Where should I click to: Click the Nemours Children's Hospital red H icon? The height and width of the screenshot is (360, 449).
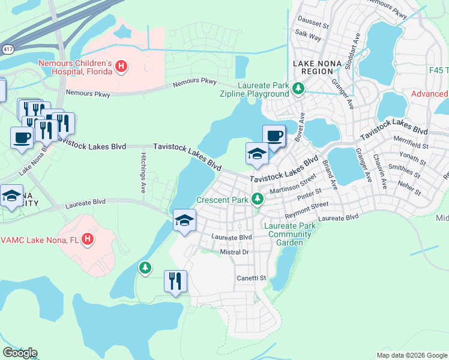pyautogui.click(x=121, y=65)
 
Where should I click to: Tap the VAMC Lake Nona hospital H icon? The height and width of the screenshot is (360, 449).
pyautogui.click(x=88, y=239)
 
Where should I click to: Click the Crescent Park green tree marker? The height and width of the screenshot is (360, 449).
pyautogui.click(x=258, y=198)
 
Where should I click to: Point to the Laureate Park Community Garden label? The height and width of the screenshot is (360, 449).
pyautogui.click(x=289, y=235)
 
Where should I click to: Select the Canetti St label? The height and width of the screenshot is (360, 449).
pyautogui.click(x=251, y=278)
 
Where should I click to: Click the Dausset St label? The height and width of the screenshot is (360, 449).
pyautogui.click(x=313, y=26)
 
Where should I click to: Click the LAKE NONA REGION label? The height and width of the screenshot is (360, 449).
pyautogui.click(x=313, y=67)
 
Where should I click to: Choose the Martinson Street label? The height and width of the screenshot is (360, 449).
pyautogui.click(x=292, y=185)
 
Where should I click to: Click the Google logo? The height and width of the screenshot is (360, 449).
pyautogui.click(x=20, y=353)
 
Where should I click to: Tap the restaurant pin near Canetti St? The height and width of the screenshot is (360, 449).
pyautogui.click(x=175, y=281)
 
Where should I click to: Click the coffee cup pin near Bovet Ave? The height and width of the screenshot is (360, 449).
pyautogui.click(x=274, y=136)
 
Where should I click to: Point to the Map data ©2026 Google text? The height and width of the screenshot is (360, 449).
pyautogui.click(x=411, y=355)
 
